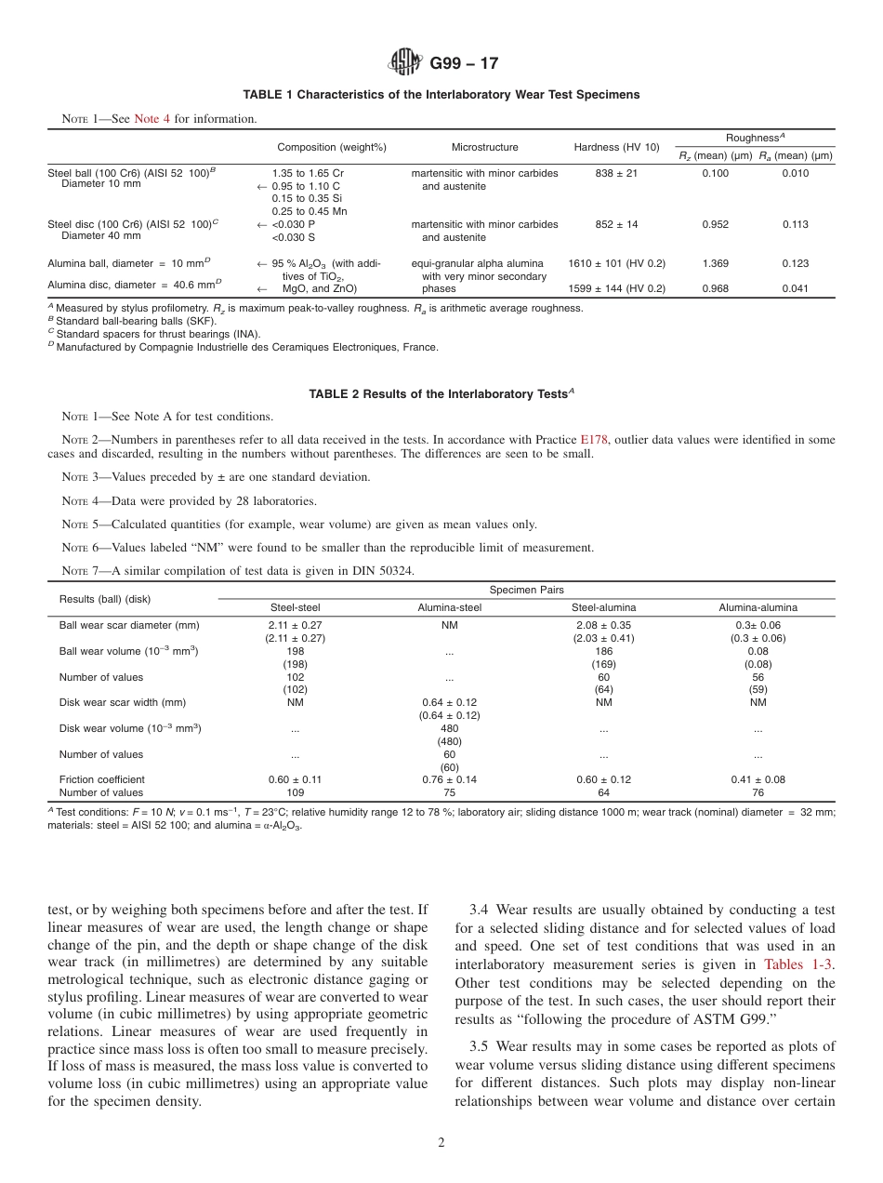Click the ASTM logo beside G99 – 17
[404, 63]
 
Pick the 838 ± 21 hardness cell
[616, 174]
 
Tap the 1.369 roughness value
[715, 264]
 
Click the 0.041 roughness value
[795, 289]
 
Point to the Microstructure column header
[484, 148]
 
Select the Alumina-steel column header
[449, 608]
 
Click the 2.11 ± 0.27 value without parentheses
[295, 626]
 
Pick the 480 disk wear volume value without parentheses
[449, 729]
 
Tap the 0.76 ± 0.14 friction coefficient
[449, 780]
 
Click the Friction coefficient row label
[102, 780]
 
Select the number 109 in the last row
[295, 793]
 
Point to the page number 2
[441, 1144]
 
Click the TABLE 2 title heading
[441, 394]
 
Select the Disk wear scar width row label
[123, 703]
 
